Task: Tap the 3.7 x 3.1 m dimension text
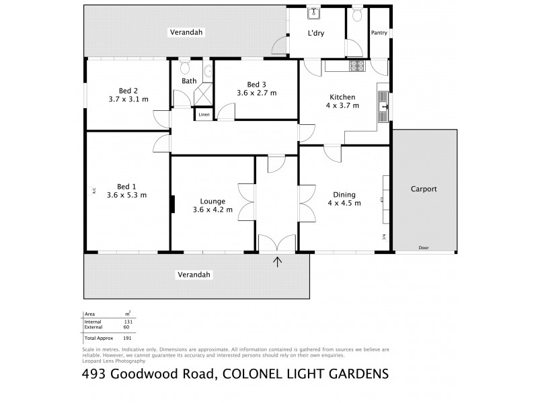click(128, 99)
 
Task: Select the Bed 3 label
click(256, 84)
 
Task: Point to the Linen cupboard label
click(203, 116)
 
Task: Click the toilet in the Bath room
click(185, 68)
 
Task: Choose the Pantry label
click(379, 32)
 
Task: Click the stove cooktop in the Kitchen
click(354, 66)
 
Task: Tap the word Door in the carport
click(423, 248)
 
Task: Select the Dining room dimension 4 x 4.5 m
click(344, 202)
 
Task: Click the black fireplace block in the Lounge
click(173, 204)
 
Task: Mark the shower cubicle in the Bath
click(202, 95)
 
